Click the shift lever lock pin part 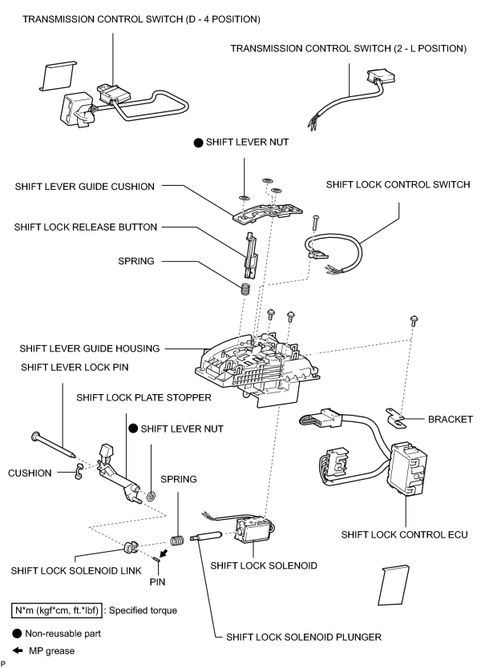coord(55,445)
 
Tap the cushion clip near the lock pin coord(78,471)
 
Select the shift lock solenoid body coord(254,529)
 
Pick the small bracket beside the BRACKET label coord(396,417)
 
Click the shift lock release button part coord(250,256)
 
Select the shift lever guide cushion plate coord(268,211)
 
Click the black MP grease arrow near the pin coord(164,553)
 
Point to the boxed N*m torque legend coord(57,610)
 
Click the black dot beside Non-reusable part coord(17,634)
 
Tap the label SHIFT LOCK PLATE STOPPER coord(143,397)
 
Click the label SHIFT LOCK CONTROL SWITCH coord(398,184)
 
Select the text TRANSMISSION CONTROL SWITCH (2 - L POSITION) coord(349,49)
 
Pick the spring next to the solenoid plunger coord(177,540)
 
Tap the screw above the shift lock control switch coord(315,223)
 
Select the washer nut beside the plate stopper coord(151,496)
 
